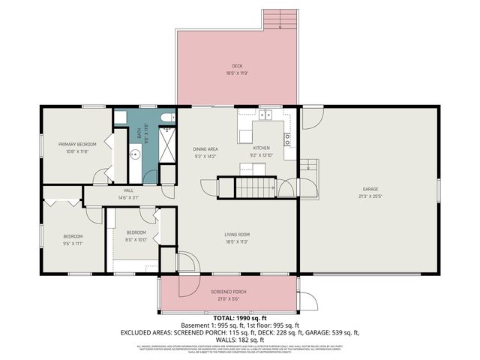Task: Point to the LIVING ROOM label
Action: tap(237, 235)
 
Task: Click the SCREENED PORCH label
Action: tap(229, 291)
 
